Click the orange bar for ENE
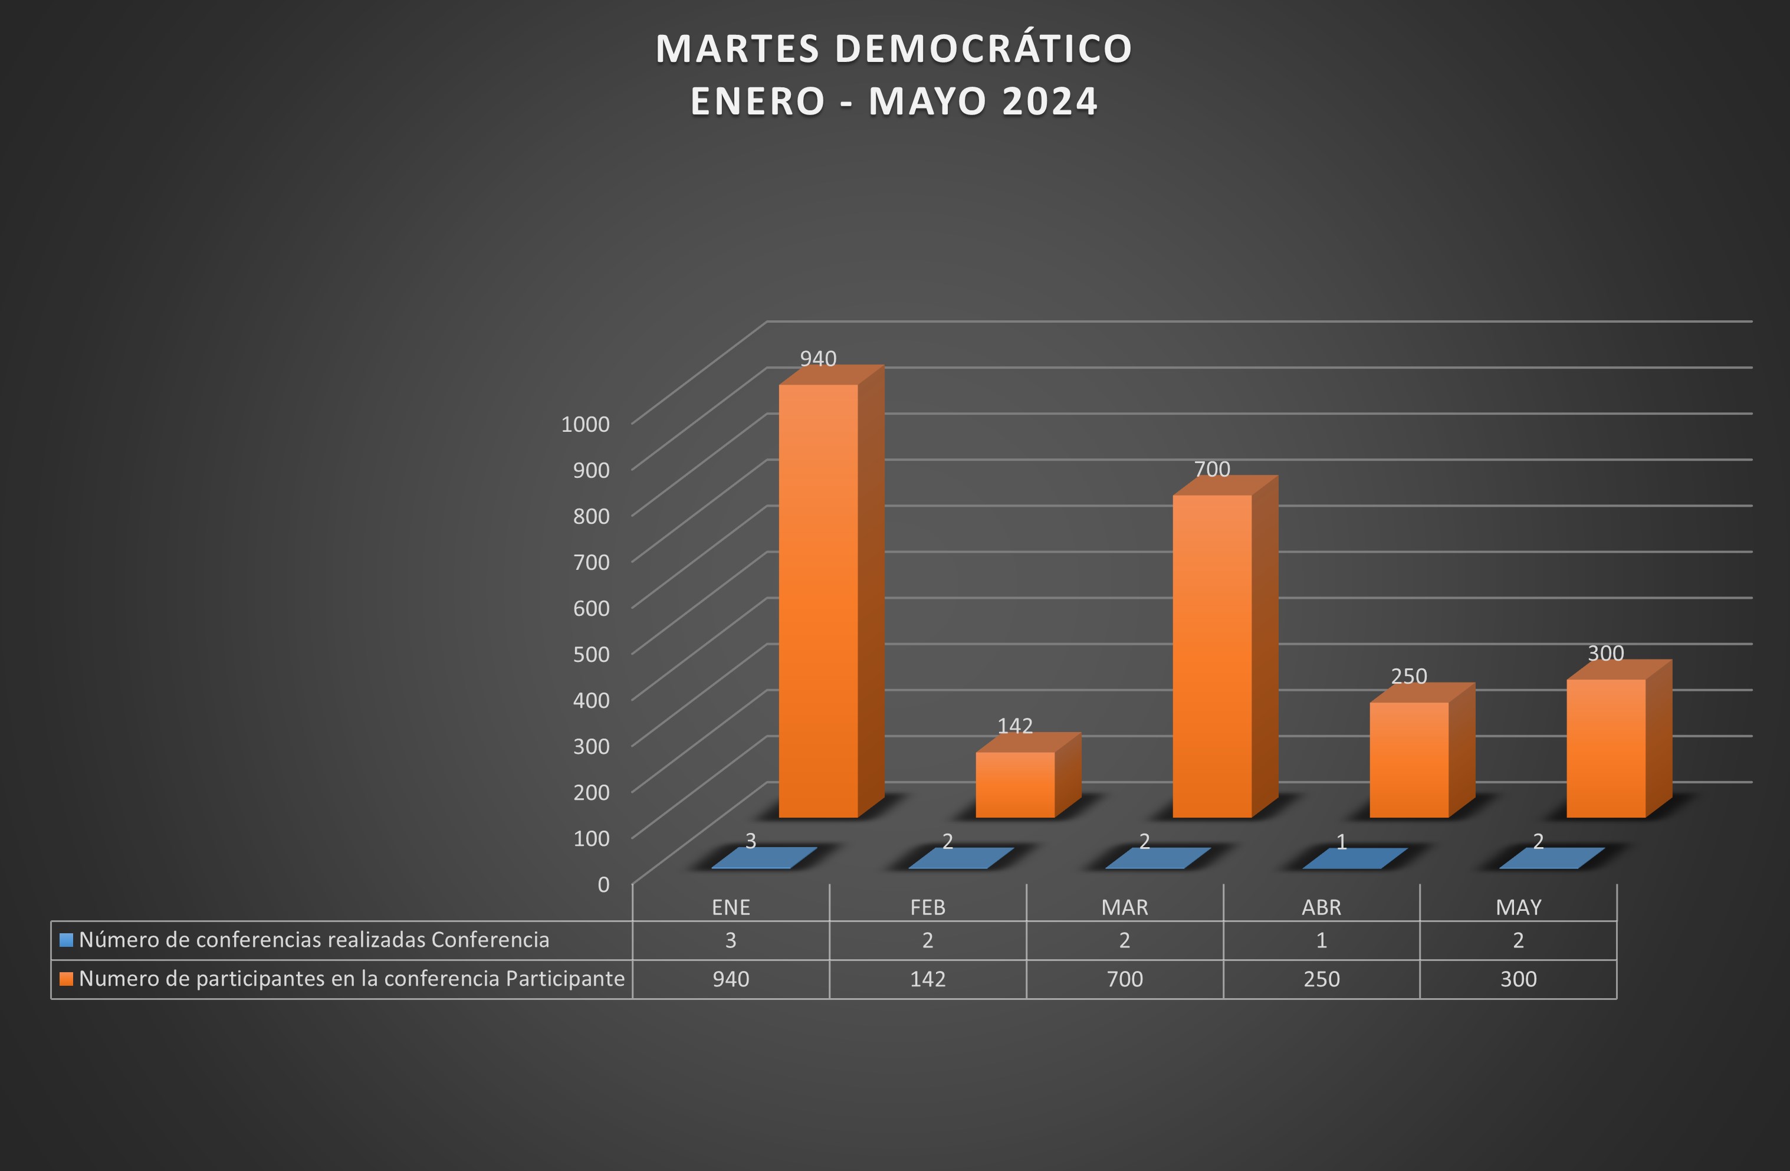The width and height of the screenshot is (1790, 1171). coord(817,602)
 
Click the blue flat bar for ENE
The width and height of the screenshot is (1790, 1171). coord(763,858)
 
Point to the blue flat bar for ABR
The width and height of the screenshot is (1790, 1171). coord(1355,858)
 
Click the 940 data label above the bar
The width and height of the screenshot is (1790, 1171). coord(817,359)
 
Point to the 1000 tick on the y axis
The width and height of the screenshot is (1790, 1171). coord(585,424)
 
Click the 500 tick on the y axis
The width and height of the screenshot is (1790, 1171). coord(591,654)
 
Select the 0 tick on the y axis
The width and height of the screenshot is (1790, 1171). coord(603,884)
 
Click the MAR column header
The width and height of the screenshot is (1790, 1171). coord(1124,907)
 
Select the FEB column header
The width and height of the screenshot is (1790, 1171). coord(927,907)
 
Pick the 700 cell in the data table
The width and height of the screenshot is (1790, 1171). coord(1124,979)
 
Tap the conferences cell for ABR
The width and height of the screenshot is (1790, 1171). coord(1322,940)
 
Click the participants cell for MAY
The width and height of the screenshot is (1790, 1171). coord(1519,979)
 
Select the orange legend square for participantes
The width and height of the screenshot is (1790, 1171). coord(66,979)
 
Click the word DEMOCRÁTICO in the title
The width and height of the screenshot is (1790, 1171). coord(983,49)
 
